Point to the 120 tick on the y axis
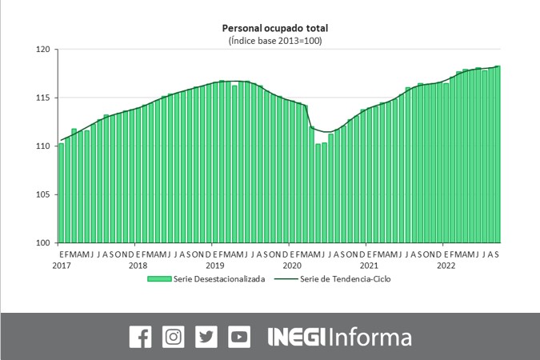[43, 50]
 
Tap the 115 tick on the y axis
[43, 98]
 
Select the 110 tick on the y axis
[43, 146]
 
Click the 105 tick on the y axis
[43, 194]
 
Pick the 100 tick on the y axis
[43, 242]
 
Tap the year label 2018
[138, 265]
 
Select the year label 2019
[214, 265]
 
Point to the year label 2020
[292, 265]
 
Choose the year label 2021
[369, 265]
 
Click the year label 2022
[446, 265]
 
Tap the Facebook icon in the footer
[140, 337]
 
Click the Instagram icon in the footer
[173, 337]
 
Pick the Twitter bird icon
[206, 337]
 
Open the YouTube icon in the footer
[239, 337]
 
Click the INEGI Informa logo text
[339, 337]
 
